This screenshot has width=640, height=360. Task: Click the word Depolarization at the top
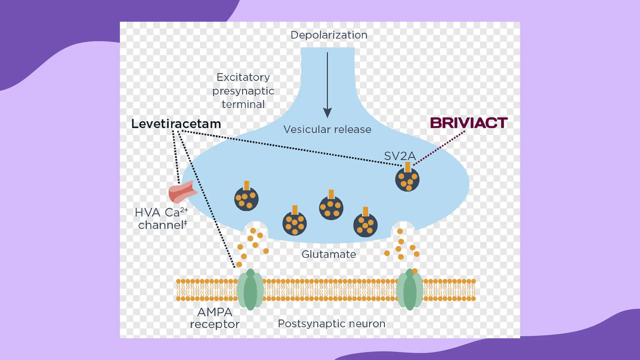329,35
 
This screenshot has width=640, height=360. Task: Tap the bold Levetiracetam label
176,124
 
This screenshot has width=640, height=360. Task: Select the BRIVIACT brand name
468,123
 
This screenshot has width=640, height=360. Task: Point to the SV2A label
400,156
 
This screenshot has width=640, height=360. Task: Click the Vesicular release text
327,129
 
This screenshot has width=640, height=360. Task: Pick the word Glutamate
328,254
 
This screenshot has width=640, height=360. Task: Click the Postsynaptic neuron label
331,324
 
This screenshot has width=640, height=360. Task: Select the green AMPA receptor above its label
250,290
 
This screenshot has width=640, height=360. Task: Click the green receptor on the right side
410,290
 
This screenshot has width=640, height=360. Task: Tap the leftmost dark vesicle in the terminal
246,199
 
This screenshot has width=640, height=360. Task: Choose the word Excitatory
243,77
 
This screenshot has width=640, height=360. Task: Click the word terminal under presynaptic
243,104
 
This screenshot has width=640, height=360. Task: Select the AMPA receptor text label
215,318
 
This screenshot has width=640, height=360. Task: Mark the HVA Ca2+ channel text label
162,219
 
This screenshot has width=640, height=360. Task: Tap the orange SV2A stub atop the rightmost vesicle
407,167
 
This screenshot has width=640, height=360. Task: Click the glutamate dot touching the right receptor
415,271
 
